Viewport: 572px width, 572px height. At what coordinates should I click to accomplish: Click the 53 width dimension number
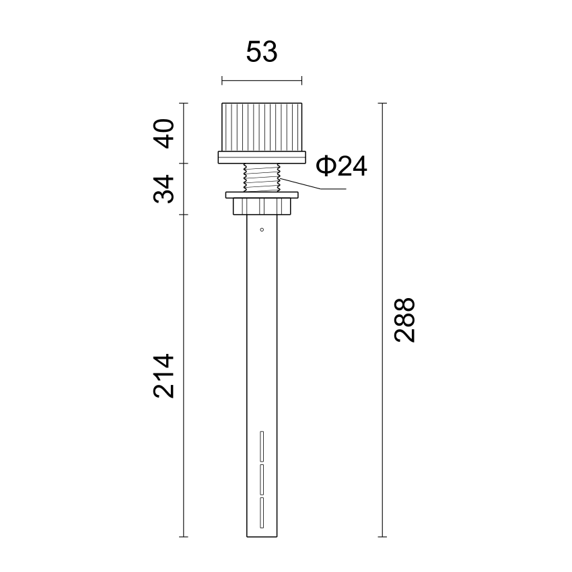(x=262, y=52)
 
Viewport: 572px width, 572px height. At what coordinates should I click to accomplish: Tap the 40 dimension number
(x=164, y=133)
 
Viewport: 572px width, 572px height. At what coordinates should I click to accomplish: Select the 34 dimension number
(x=164, y=189)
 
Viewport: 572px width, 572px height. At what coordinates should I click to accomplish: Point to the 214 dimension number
(x=164, y=376)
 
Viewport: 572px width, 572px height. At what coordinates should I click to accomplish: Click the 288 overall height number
(x=405, y=320)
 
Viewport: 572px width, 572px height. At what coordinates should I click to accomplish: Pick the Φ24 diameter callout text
(x=341, y=166)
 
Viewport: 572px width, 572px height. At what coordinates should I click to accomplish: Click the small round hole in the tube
(x=262, y=229)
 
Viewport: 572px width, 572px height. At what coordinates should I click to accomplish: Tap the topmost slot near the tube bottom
(x=262, y=446)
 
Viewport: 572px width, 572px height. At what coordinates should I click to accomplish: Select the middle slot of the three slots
(x=262, y=479)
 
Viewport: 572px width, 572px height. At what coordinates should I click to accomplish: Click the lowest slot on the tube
(x=262, y=513)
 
